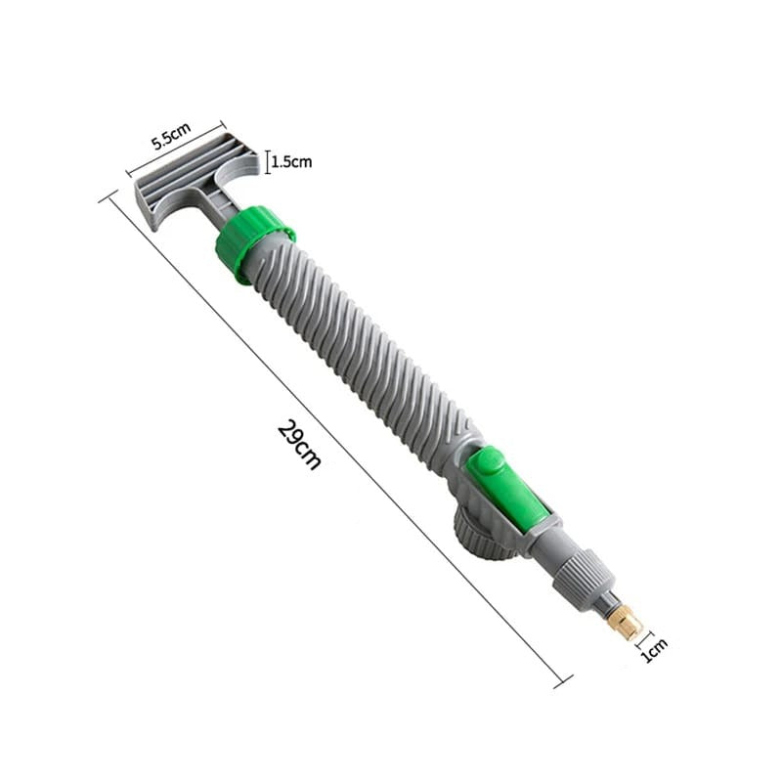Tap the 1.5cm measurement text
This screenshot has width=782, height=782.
click(x=291, y=162)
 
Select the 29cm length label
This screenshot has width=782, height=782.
click(x=299, y=444)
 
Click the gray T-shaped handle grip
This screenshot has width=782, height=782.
click(x=195, y=176)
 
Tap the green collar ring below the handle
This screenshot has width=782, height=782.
click(x=254, y=241)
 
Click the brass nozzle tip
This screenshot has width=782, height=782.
click(x=623, y=618)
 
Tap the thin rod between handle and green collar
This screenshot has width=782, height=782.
click(x=222, y=210)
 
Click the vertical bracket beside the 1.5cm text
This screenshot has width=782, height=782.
click(x=266, y=162)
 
